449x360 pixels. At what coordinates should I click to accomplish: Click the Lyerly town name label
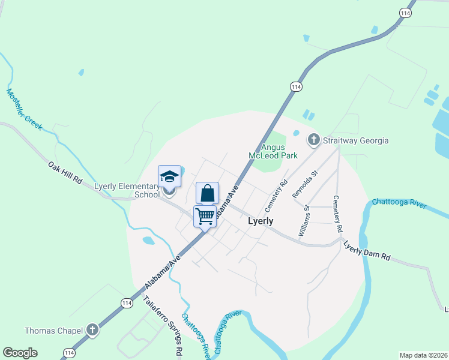click(261, 221)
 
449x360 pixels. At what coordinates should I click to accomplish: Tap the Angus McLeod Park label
click(273, 151)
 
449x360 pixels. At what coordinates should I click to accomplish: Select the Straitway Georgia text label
click(356, 141)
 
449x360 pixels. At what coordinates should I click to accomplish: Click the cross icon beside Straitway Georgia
click(314, 140)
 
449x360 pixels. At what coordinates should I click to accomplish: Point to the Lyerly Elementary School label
click(127, 190)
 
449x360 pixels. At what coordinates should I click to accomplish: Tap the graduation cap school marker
click(169, 177)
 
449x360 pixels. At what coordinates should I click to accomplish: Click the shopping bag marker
click(207, 193)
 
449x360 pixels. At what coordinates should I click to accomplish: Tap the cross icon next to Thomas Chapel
click(92, 329)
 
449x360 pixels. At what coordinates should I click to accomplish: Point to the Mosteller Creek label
click(24, 109)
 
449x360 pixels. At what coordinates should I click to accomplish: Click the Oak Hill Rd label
click(65, 172)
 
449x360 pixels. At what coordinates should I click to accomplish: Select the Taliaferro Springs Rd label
click(162, 328)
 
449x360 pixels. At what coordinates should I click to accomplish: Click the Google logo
click(20, 353)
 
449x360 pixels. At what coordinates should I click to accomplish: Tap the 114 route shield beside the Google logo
click(68, 353)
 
